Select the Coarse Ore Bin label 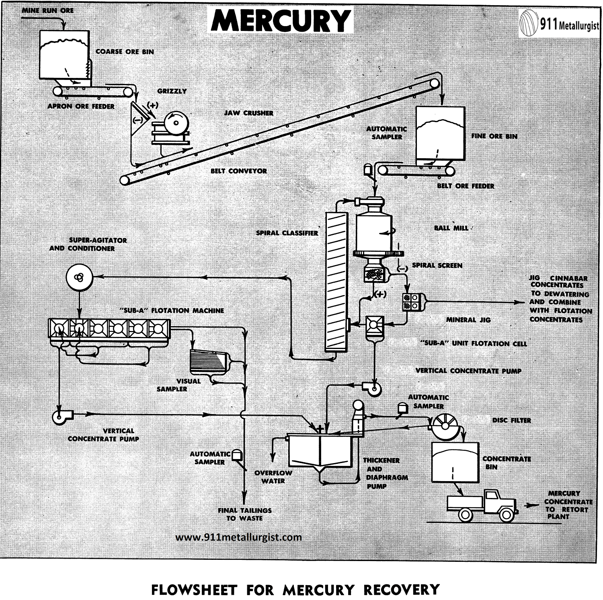click(125, 52)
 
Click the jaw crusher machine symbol click(171, 128)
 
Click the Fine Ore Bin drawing click(440, 133)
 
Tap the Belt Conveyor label click(239, 171)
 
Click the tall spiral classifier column click(336, 281)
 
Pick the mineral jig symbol click(413, 301)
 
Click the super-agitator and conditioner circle click(79, 277)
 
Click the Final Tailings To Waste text click(244, 514)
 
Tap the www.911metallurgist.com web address click(239, 537)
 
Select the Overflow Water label click(273, 477)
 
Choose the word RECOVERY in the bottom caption click(401, 590)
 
